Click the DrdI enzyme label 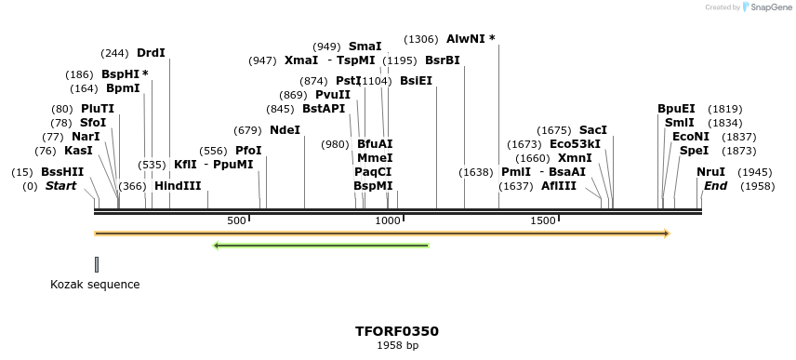[x=151, y=53]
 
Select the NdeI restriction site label [x=285, y=129]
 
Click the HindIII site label [x=178, y=185]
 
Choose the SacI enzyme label [x=592, y=129]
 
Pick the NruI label [x=710, y=172]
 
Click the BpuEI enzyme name [x=676, y=109]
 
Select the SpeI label [x=694, y=151]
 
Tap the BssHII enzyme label [x=62, y=172]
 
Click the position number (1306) [x=421, y=39]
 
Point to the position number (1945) [x=754, y=172]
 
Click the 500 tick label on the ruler [x=236, y=220]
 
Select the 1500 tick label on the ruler [x=543, y=220]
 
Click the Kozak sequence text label [x=95, y=285]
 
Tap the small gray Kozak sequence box [x=96, y=265]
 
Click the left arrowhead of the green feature [x=217, y=246]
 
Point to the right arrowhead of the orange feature [x=666, y=233]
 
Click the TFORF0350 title [x=397, y=331]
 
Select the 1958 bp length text [x=397, y=346]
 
